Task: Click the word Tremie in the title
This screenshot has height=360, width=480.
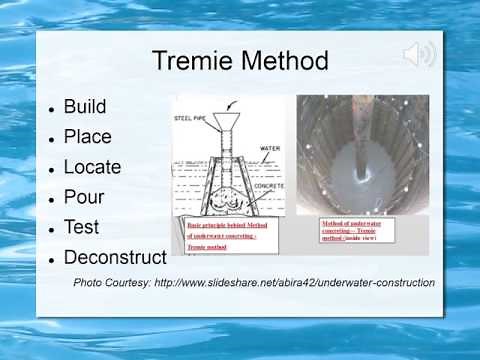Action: [x=195, y=61]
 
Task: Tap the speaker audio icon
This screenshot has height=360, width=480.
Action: [x=419, y=54]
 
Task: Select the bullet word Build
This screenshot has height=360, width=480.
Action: [x=84, y=106]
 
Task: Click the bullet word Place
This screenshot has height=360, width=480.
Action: [x=87, y=137]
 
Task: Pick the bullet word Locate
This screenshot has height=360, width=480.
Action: [x=92, y=167]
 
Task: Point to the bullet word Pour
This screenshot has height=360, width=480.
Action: [x=83, y=197]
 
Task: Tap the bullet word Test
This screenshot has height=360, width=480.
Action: [x=82, y=227]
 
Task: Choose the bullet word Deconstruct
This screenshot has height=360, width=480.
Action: [x=114, y=258]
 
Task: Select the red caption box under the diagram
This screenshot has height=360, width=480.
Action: [x=221, y=236]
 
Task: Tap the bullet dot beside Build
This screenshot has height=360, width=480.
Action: [x=51, y=107]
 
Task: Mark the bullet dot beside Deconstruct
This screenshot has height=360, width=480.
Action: [x=51, y=259]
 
